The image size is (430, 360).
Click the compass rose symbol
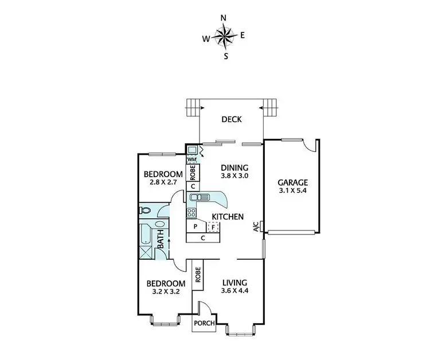click(224, 37)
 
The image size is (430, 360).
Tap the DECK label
click(232, 120)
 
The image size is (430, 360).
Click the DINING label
click(235, 168)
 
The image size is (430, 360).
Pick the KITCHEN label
click(228, 217)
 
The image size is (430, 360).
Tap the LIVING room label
click(235, 283)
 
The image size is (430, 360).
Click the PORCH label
click(205, 323)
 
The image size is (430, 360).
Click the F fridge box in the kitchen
click(213, 227)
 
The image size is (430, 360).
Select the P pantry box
click(196, 227)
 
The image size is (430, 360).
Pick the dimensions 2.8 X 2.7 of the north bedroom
click(163, 183)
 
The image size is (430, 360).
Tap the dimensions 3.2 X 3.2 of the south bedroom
click(166, 292)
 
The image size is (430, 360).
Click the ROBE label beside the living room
click(197, 273)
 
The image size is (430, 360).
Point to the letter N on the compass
click(224, 18)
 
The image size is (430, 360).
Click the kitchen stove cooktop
click(191, 212)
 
